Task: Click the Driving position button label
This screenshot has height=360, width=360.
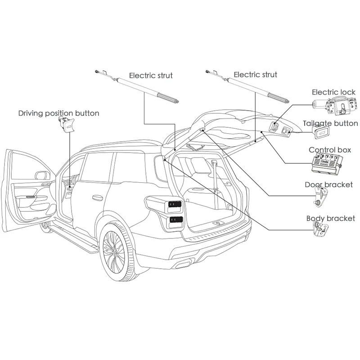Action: (58, 113)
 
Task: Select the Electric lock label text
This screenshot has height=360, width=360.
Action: (333, 92)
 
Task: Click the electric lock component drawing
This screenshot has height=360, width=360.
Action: (335, 105)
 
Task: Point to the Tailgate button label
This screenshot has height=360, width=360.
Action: (330, 123)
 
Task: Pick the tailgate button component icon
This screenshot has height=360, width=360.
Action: (320, 133)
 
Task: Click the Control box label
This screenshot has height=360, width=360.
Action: (330, 150)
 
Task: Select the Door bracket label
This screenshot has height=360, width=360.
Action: (328, 184)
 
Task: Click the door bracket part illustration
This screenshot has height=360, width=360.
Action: (320, 196)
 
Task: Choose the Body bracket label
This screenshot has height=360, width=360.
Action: (331, 218)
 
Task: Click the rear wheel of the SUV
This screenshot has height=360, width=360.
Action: (117, 252)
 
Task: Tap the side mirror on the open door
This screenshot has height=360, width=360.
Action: (42, 175)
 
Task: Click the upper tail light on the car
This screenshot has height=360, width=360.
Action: (175, 204)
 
